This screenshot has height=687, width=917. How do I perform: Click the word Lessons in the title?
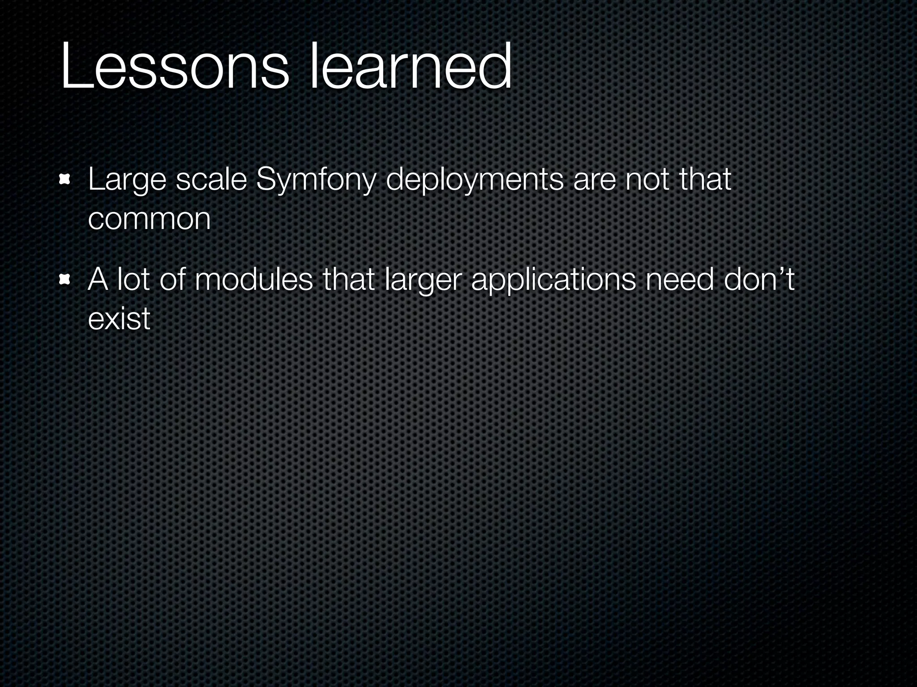(175, 67)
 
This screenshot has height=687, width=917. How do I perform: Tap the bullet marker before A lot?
(65, 280)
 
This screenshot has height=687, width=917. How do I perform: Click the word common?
(149, 219)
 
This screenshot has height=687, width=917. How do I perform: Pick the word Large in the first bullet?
(127, 181)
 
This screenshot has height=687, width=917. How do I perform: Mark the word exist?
(119, 318)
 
